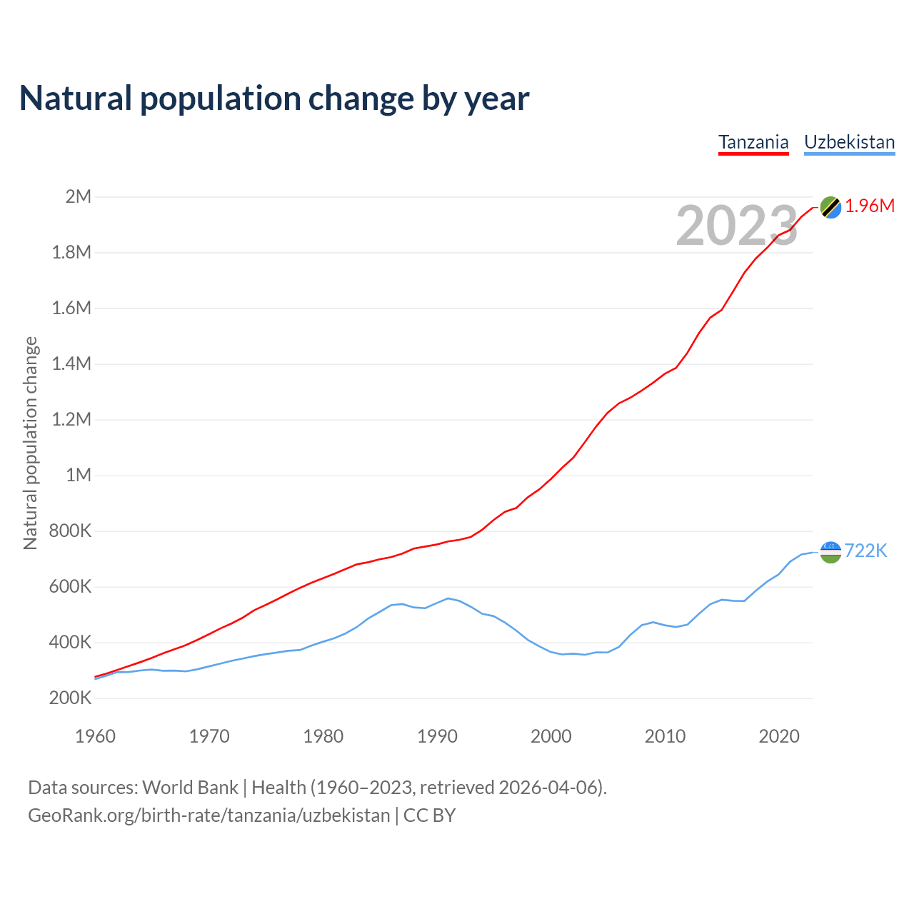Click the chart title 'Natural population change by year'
coord(274,99)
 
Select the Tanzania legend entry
coord(753,142)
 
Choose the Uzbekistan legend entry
coord(849,142)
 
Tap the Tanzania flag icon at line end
coord(830,207)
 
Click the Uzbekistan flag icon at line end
coord(830,551)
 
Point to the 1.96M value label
coord(870,206)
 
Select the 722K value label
coord(865,551)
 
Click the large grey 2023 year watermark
coord(736,226)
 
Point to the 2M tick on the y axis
coord(79,196)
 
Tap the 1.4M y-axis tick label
coord(72,363)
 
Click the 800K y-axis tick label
coord(71,531)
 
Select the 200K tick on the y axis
coord(71,698)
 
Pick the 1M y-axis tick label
coord(79,475)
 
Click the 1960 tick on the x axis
coord(95,736)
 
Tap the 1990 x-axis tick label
coord(437,736)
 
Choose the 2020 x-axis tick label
coord(779,736)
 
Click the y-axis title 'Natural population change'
coord(31,443)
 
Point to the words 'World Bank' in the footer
coord(190,788)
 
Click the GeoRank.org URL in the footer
coord(209,815)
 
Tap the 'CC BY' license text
coord(429,815)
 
